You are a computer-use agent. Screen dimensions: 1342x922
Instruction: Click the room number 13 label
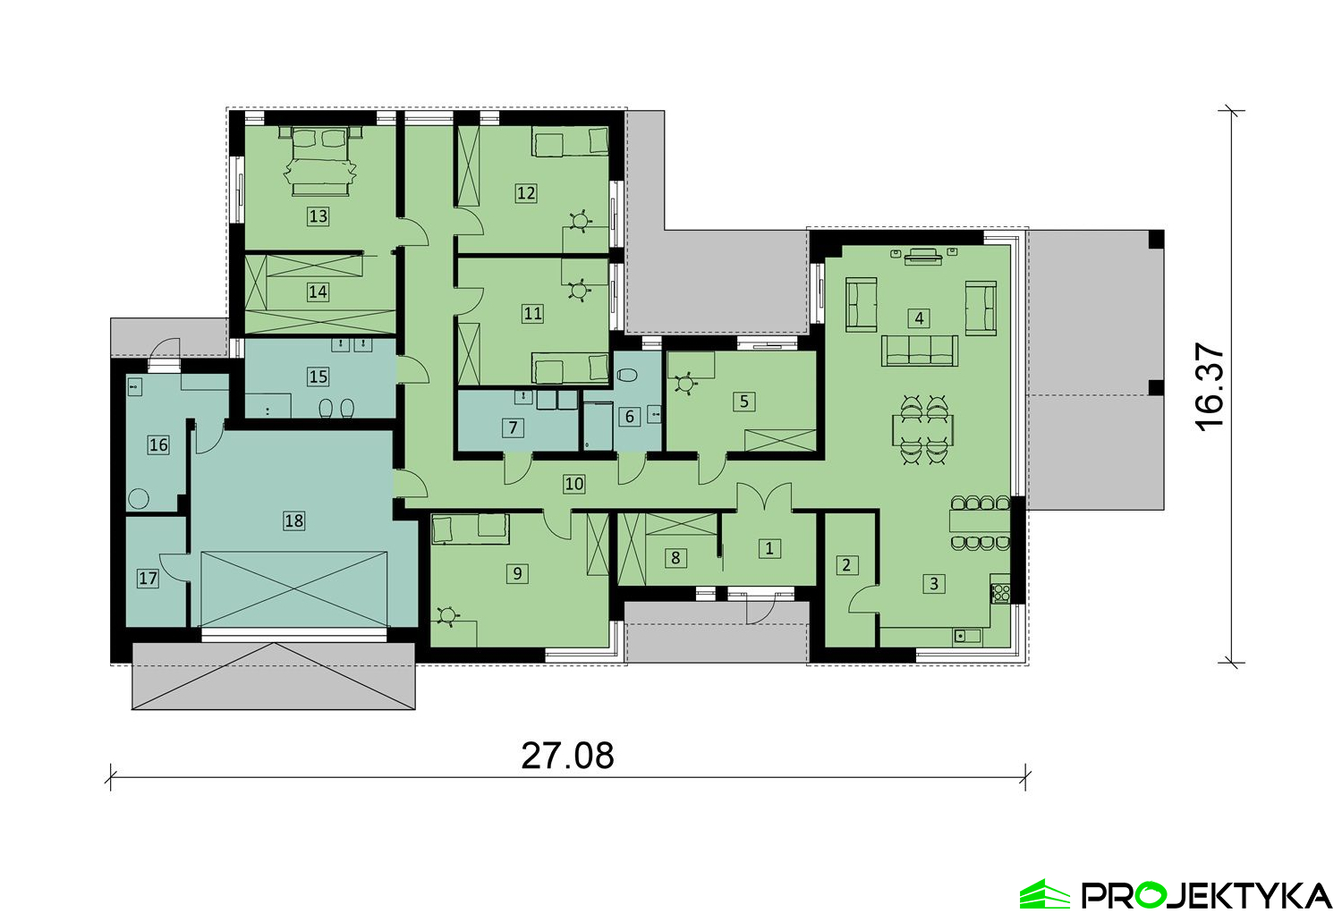[x=319, y=216]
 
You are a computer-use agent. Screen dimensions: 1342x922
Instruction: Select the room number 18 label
[x=293, y=520]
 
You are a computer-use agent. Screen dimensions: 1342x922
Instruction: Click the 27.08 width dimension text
[x=567, y=756]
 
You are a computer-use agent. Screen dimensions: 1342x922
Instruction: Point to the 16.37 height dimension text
[x=1210, y=386]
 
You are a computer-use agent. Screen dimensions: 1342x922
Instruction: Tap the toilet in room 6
[x=626, y=376]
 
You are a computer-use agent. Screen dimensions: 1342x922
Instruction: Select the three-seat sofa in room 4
[x=920, y=351]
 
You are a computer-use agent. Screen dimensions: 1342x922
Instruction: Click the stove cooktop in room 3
[x=1001, y=593]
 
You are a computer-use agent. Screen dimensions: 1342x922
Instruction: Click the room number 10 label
[x=574, y=484]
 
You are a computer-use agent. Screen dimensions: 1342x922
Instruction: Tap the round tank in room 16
[x=139, y=499]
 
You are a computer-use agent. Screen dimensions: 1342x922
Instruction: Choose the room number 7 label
[x=513, y=427]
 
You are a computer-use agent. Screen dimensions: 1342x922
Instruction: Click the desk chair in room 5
[x=684, y=383]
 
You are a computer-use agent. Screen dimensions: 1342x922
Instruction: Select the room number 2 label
[x=846, y=564]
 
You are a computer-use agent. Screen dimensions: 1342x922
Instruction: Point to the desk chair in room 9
[x=447, y=615]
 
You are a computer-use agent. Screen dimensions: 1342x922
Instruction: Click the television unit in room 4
[x=922, y=257]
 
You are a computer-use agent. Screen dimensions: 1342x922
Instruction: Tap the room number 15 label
[x=319, y=376]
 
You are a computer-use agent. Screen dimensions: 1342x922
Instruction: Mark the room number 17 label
[x=148, y=579]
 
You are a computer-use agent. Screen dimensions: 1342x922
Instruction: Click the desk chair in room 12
[x=580, y=222]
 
